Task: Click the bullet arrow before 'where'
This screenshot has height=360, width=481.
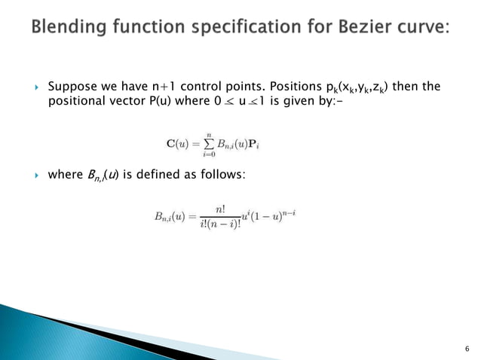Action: coord(35,175)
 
